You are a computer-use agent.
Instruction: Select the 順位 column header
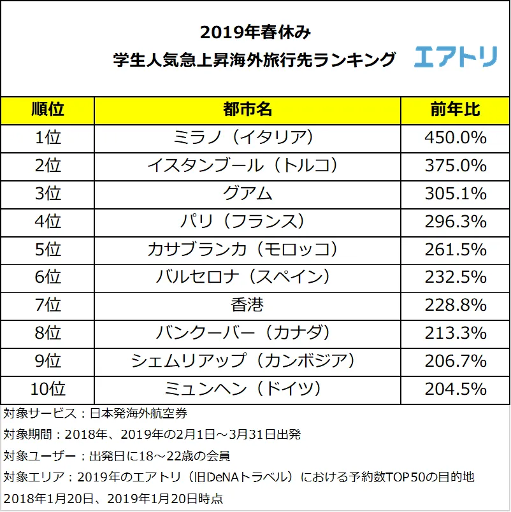click(x=48, y=110)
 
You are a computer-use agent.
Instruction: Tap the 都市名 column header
click(x=247, y=110)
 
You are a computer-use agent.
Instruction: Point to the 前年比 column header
click(x=455, y=110)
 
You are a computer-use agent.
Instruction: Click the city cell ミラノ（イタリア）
click(x=247, y=138)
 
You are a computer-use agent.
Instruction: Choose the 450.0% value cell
click(x=455, y=138)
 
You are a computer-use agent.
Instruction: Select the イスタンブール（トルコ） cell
click(x=247, y=166)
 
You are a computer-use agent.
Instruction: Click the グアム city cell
click(x=247, y=194)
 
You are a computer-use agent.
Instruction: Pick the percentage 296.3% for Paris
click(x=455, y=222)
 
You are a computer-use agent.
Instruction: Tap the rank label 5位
click(x=48, y=249)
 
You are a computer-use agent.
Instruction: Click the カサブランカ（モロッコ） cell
click(x=247, y=249)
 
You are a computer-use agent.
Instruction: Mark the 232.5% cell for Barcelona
click(x=455, y=277)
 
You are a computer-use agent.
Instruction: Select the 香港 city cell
click(x=247, y=305)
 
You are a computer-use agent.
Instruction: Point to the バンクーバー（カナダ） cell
click(x=247, y=333)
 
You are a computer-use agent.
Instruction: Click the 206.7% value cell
click(x=455, y=361)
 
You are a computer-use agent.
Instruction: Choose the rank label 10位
click(x=48, y=388)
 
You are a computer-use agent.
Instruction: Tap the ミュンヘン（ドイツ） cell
click(x=247, y=388)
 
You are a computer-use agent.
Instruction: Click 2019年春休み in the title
click(x=255, y=32)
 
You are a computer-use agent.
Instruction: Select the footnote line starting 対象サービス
click(x=96, y=414)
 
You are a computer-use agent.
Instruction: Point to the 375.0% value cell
click(x=455, y=166)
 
